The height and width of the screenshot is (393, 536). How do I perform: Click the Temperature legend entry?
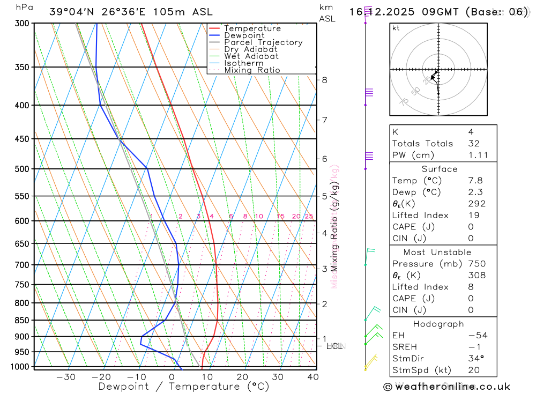252,28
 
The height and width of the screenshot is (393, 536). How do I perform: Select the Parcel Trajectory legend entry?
263,42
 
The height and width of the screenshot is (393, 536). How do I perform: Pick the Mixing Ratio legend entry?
252,70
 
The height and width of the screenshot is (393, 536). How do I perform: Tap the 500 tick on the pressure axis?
22,169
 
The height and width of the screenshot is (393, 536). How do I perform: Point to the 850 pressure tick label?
22,320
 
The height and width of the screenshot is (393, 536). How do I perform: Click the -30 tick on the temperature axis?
66,377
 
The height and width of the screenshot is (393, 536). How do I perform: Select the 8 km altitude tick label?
324,80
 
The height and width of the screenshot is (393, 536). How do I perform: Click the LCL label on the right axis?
334,346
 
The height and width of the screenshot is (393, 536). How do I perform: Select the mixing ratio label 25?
309,217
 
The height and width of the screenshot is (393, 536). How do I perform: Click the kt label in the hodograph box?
396,28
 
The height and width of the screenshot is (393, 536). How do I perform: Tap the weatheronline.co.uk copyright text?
446,387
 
